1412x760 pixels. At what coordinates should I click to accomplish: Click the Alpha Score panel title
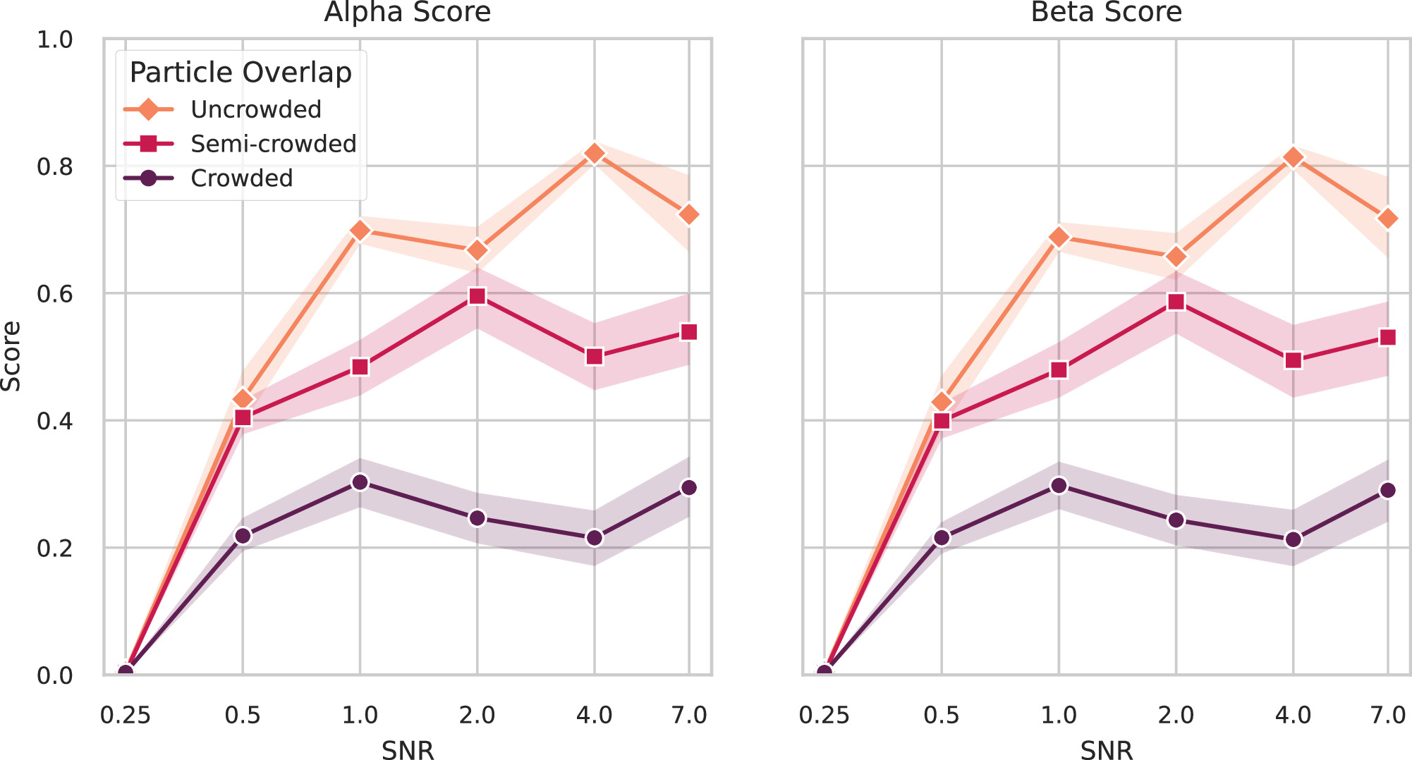[x=407, y=13]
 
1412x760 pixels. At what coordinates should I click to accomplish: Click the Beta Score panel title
[x=1106, y=13]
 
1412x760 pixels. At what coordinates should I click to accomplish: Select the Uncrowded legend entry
[x=255, y=109]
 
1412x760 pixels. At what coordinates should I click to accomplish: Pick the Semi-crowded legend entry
[x=273, y=144]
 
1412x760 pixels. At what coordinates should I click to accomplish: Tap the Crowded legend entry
[x=241, y=178]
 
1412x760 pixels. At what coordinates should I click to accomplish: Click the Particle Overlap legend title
[x=241, y=73]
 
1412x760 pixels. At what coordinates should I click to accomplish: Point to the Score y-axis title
[x=11, y=356]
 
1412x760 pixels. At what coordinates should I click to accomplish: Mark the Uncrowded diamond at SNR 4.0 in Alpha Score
[x=595, y=154]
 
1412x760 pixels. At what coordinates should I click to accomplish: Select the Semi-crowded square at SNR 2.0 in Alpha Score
[x=477, y=296]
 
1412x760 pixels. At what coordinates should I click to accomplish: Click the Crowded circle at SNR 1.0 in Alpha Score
[x=360, y=482]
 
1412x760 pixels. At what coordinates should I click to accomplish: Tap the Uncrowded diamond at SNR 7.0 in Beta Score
[x=1387, y=219]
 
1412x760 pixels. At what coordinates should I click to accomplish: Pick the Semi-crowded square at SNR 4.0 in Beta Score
[x=1293, y=360]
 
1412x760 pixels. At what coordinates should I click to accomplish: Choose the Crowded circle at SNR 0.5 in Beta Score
[x=942, y=538]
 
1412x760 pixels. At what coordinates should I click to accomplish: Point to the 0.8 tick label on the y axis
[x=54, y=167]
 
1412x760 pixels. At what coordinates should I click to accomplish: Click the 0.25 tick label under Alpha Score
[x=126, y=716]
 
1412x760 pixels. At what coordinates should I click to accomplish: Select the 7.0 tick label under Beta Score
[x=1387, y=716]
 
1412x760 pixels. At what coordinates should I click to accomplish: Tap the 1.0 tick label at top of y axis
[x=54, y=40]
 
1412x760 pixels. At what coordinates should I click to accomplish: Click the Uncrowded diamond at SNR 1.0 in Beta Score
[x=1059, y=238]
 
